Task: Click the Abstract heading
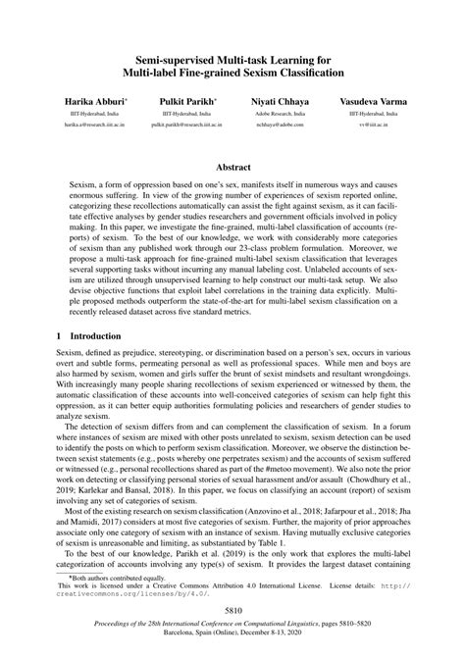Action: pos(232,168)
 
